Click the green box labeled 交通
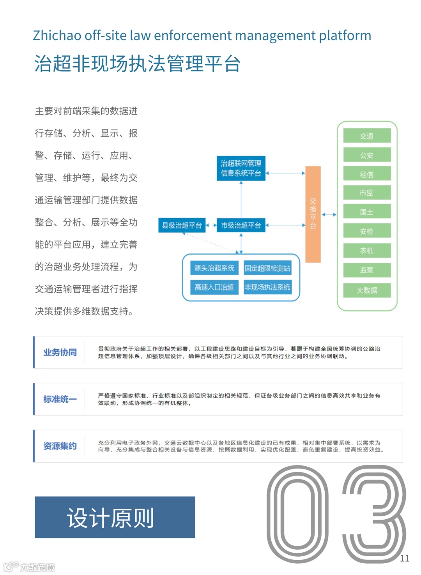[x=367, y=136]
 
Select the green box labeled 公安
[x=367, y=155]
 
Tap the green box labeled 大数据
[x=367, y=290]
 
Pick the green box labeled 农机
[x=367, y=250]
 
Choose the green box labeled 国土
[x=367, y=212]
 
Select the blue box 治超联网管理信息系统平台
[x=241, y=168]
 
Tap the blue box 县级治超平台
[x=182, y=225]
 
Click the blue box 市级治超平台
[x=241, y=225]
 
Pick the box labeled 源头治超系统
[x=214, y=268]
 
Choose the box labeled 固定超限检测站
[x=267, y=268]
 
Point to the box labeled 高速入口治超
[x=214, y=287]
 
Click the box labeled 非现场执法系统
[x=267, y=287]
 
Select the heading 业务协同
[x=60, y=352]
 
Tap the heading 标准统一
[x=60, y=399]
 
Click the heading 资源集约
[x=60, y=446]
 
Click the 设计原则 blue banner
[x=115, y=517]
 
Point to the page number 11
[x=405, y=558]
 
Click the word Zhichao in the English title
[x=57, y=35]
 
